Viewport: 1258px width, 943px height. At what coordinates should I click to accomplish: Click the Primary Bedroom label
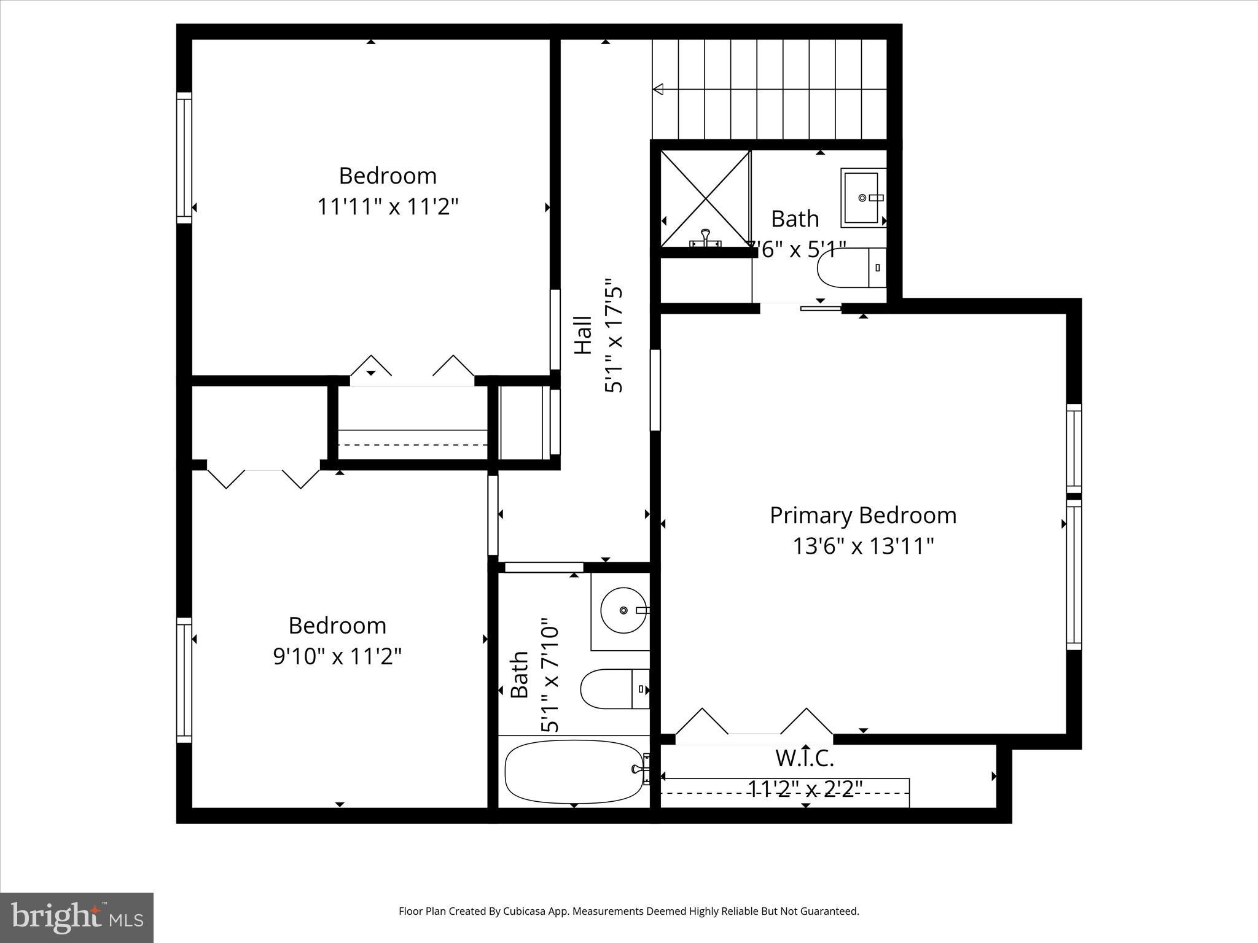[x=862, y=515]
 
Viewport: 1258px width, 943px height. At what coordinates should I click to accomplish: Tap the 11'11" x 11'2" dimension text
[x=388, y=207]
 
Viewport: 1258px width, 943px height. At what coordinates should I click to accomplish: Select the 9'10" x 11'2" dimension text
[x=337, y=657]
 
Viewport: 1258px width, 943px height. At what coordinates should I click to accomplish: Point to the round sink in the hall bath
[x=623, y=610]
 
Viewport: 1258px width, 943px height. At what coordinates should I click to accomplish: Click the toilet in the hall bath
[x=614, y=689]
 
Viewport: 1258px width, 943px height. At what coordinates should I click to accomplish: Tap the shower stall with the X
[x=705, y=199]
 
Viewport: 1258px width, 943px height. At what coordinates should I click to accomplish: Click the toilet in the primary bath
[x=850, y=268]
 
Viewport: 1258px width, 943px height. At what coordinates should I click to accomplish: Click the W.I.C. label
[x=804, y=759]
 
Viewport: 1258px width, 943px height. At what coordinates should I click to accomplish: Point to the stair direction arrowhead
[x=658, y=90]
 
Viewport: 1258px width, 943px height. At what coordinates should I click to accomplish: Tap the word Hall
[x=583, y=335]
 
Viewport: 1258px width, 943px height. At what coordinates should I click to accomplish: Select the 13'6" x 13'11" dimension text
[x=862, y=546]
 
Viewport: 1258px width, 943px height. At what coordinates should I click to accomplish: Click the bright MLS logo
[x=77, y=918]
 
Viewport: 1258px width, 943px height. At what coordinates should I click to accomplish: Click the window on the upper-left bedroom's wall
[x=184, y=158]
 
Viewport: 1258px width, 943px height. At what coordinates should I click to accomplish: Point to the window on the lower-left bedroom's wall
[x=184, y=680]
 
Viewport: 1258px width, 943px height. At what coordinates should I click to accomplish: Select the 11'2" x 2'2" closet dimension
[x=805, y=789]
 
